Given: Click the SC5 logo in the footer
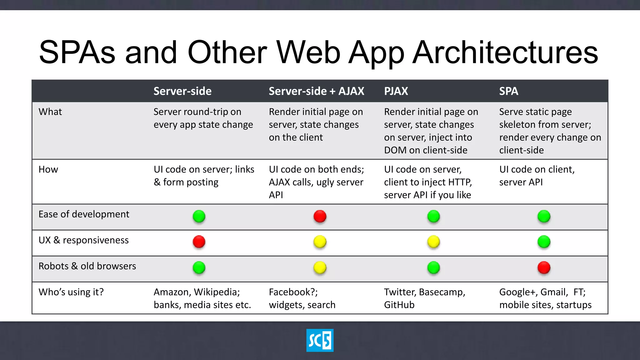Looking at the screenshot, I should point(320,340).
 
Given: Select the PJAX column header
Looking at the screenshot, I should point(396,91).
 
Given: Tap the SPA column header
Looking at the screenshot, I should point(508,91).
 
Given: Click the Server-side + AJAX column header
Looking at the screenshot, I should point(316,91).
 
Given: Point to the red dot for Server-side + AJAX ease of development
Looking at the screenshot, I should point(320,216).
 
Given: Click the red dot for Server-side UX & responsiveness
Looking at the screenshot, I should point(199,242).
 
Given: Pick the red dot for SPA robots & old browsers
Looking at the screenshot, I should point(544,267).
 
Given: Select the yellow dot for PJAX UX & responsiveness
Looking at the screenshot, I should point(433,242).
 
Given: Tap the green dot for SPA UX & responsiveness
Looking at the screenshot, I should point(544,242).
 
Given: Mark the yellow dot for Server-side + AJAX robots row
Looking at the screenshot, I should point(320,267).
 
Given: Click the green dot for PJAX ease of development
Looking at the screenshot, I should point(433,216).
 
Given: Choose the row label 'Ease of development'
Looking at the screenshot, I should point(84,214).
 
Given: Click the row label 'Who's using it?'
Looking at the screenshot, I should point(71,292).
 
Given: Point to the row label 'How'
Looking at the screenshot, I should point(48,169).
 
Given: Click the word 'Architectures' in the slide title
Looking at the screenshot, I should point(505,52).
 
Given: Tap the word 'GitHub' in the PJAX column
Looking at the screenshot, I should point(399,305).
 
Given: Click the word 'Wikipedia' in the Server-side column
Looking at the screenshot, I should point(217,292).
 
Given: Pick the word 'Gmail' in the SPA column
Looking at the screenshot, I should point(554,292).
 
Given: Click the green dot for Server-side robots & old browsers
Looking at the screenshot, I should point(199,267).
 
